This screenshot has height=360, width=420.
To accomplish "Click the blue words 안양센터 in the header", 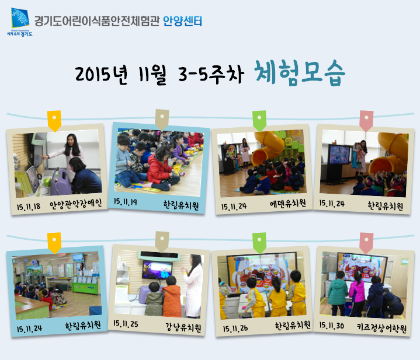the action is (x=182, y=21).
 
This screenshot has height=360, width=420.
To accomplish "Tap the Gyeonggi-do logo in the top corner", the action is (x=20, y=22).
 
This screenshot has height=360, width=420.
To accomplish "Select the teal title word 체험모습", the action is (x=299, y=73).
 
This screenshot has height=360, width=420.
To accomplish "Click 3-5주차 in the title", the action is (x=211, y=74).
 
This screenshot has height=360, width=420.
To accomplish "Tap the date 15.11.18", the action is (x=29, y=207).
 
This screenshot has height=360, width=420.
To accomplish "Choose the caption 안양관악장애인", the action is (x=75, y=204).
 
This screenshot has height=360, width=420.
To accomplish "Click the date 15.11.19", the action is (x=126, y=202).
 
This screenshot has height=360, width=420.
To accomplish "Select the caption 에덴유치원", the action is (x=287, y=204).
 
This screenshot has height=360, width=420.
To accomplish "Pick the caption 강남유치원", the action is (x=183, y=327).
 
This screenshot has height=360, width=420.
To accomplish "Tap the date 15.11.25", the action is (x=126, y=324).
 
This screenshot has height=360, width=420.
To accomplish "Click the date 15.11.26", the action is (x=235, y=328).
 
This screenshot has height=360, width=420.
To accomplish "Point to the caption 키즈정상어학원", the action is (x=381, y=328).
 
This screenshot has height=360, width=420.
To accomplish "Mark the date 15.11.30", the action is (x=332, y=326).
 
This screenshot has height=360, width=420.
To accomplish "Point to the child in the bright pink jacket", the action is (x=357, y=293).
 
